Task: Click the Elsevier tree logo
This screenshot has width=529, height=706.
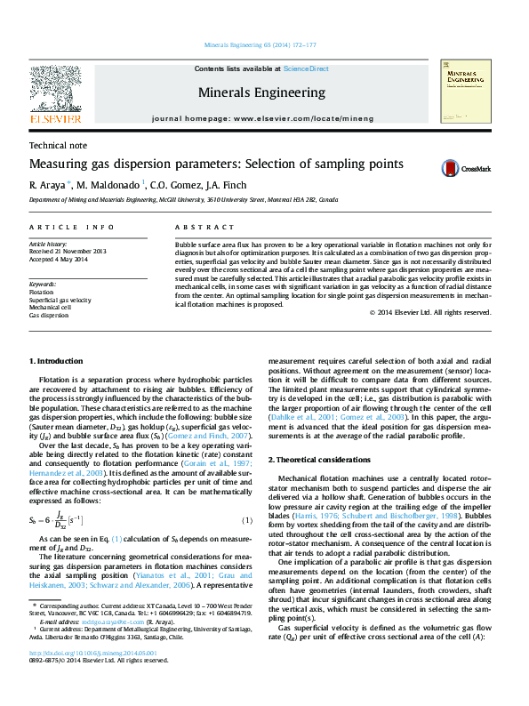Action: click(55, 89)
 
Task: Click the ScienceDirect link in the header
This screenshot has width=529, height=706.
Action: click(306, 68)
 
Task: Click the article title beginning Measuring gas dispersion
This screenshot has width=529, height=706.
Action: click(204, 164)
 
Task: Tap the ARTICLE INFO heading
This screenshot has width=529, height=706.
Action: click(72, 228)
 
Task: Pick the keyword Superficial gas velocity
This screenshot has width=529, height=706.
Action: click(60, 300)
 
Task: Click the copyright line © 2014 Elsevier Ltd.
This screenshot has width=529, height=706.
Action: click(430, 312)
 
